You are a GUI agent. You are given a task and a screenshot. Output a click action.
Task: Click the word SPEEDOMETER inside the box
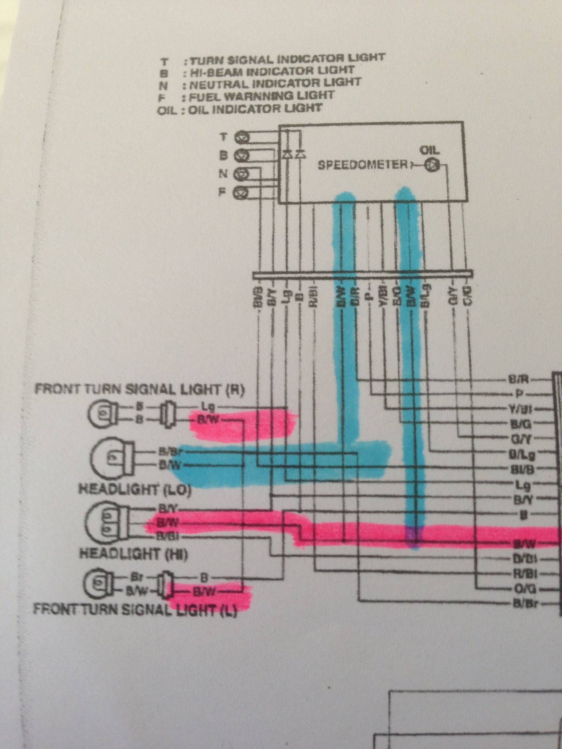coord(362,165)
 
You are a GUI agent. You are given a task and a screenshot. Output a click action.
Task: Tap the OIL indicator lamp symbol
coord(433,165)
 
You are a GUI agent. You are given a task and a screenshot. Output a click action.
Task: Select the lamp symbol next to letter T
coord(242,137)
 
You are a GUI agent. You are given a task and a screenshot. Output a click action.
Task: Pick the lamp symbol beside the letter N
coord(242,174)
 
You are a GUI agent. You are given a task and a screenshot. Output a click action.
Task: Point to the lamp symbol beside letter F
coord(242,191)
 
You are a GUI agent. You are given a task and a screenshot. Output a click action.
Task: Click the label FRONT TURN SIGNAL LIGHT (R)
coord(140,389)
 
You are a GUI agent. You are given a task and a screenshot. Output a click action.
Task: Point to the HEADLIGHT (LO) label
coord(135,490)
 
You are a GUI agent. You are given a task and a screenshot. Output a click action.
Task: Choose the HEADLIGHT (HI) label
coord(134,554)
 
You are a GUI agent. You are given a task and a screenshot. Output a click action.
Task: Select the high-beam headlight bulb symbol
coord(107,522)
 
